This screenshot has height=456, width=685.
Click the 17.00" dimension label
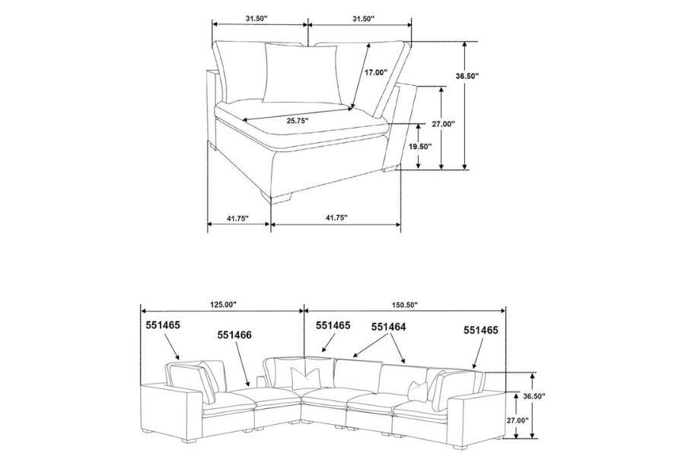374,73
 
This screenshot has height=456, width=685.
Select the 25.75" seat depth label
298,120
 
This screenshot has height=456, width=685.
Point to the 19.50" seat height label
419,146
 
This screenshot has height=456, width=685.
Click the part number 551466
234,334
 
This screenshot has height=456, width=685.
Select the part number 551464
389,327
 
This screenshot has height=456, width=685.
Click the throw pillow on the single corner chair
301,71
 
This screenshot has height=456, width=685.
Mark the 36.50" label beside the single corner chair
467,76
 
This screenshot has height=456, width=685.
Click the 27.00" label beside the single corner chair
444,124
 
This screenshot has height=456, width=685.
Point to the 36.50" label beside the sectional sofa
534,396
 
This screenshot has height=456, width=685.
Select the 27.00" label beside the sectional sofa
517,420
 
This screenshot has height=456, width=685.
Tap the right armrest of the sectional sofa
478,414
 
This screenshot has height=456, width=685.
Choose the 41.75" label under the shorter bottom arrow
237,218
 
